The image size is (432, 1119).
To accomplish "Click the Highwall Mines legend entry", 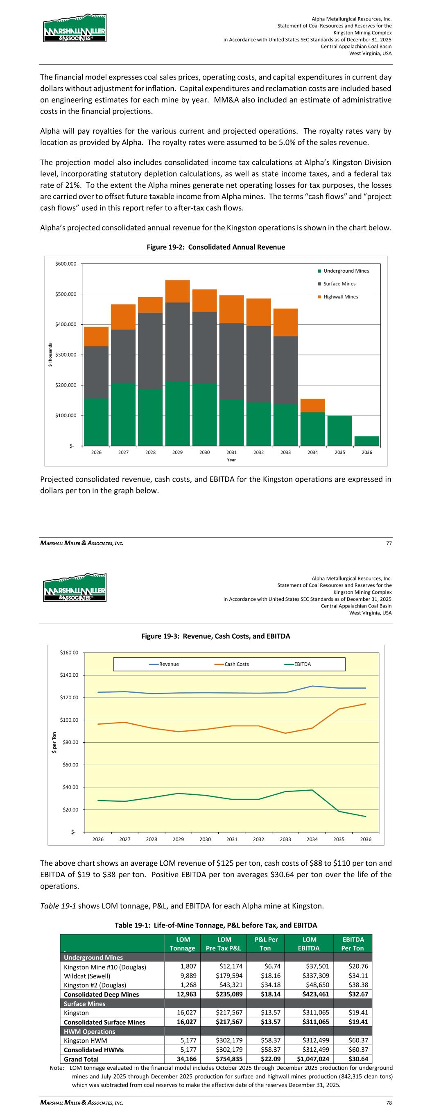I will click(340, 297).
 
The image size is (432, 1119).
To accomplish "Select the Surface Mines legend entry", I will click(339, 284).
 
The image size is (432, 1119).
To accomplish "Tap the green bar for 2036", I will click(367, 441).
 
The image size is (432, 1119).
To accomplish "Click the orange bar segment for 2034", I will click(312, 405).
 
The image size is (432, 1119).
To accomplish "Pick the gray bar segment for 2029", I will click(177, 341).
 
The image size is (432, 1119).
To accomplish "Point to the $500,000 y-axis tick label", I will click(66, 294).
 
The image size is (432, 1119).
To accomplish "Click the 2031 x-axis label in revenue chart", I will click(231, 452).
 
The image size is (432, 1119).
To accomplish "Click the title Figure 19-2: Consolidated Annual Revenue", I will click(216, 247).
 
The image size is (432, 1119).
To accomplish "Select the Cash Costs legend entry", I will click(236, 664).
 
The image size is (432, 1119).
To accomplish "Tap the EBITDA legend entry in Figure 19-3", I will click(302, 664).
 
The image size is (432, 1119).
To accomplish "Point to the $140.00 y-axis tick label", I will click(69, 675).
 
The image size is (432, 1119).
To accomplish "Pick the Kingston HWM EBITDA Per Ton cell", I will click(352, 1040).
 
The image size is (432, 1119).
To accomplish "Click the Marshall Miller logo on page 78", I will click(74, 587).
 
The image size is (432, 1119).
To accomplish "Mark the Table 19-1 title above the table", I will click(215, 925).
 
